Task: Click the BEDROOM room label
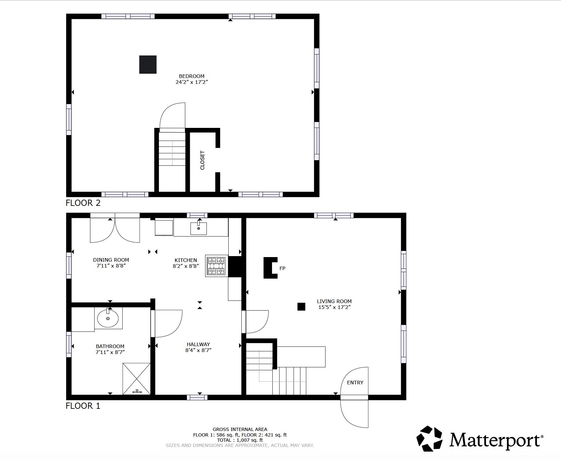tap(191, 76)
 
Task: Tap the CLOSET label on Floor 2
tap(202, 160)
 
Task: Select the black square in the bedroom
tap(148, 65)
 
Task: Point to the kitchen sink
tap(198, 228)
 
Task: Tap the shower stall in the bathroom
tap(136, 378)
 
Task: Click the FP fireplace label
tap(282, 268)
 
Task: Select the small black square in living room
tap(301, 307)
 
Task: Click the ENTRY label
tap(355, 382)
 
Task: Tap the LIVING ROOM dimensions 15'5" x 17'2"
tap(334, 307)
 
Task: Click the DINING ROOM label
tap(111, 260)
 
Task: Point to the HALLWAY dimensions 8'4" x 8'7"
tap(198, 350)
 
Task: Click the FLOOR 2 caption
tap(83, 203)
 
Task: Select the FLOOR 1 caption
tap(83, 406)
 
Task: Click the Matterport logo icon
tap(430, 439)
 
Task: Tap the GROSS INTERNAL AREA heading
tap(240, 429)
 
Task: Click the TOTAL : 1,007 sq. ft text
tap(240, 440)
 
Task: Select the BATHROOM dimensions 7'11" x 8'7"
tap(110, 352)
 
